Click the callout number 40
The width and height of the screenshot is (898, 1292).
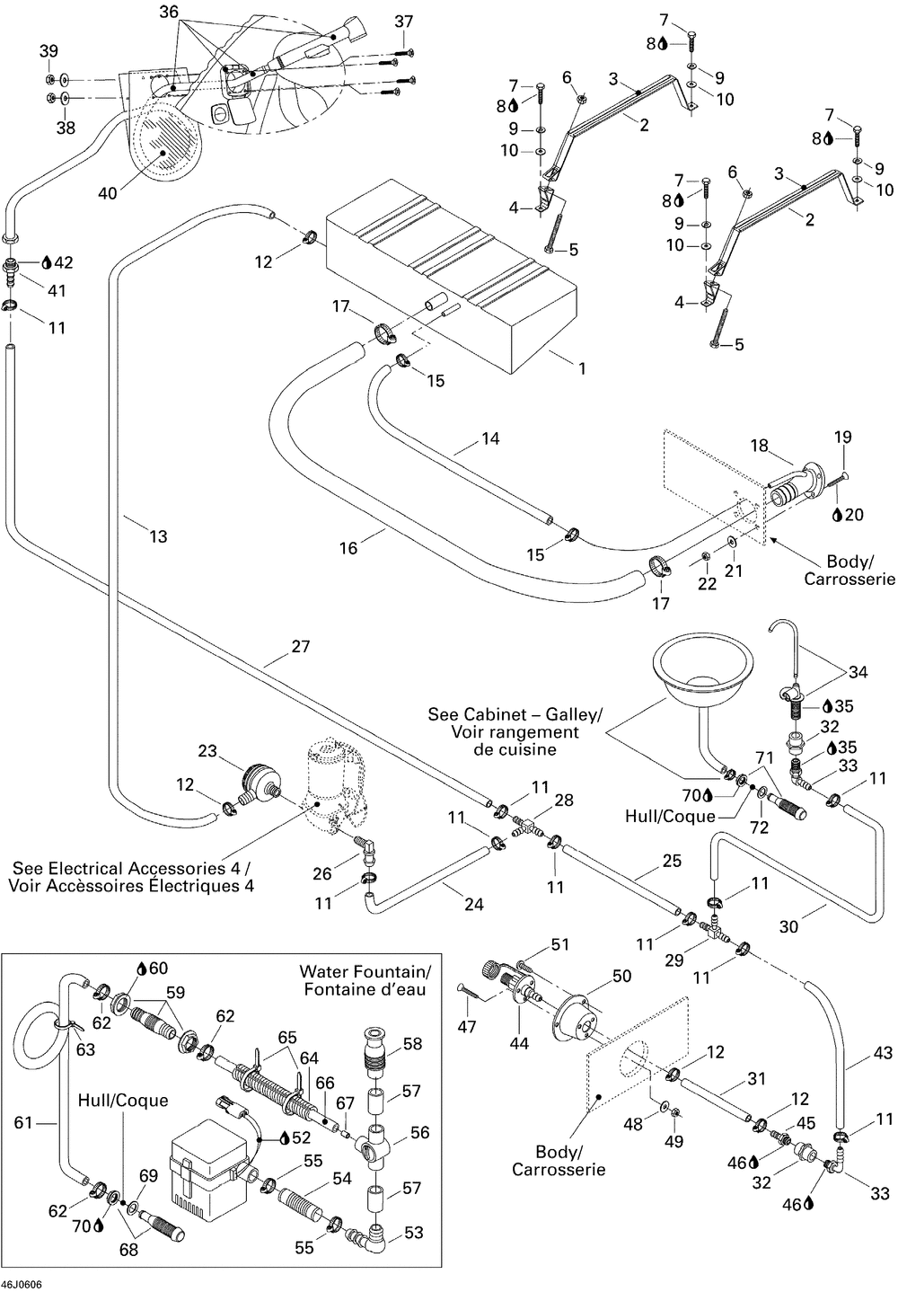click(107, 192)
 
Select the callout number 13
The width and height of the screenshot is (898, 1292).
click(158, 536)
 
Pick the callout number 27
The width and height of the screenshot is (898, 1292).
click(300, 646)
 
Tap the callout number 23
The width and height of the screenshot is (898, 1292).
click(207, 750)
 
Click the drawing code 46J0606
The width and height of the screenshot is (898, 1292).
click(22, 1284)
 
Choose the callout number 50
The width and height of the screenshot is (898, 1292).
click(621, 976)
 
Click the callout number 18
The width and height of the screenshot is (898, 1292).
click(759, 446)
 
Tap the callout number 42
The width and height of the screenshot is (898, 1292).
click(64, 262)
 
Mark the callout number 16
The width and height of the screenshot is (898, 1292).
click(348, 547)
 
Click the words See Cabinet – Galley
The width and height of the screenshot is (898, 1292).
click(515, 714)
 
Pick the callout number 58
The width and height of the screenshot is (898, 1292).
click(413, 1044)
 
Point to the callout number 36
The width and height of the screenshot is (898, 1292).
click(169, 12)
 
